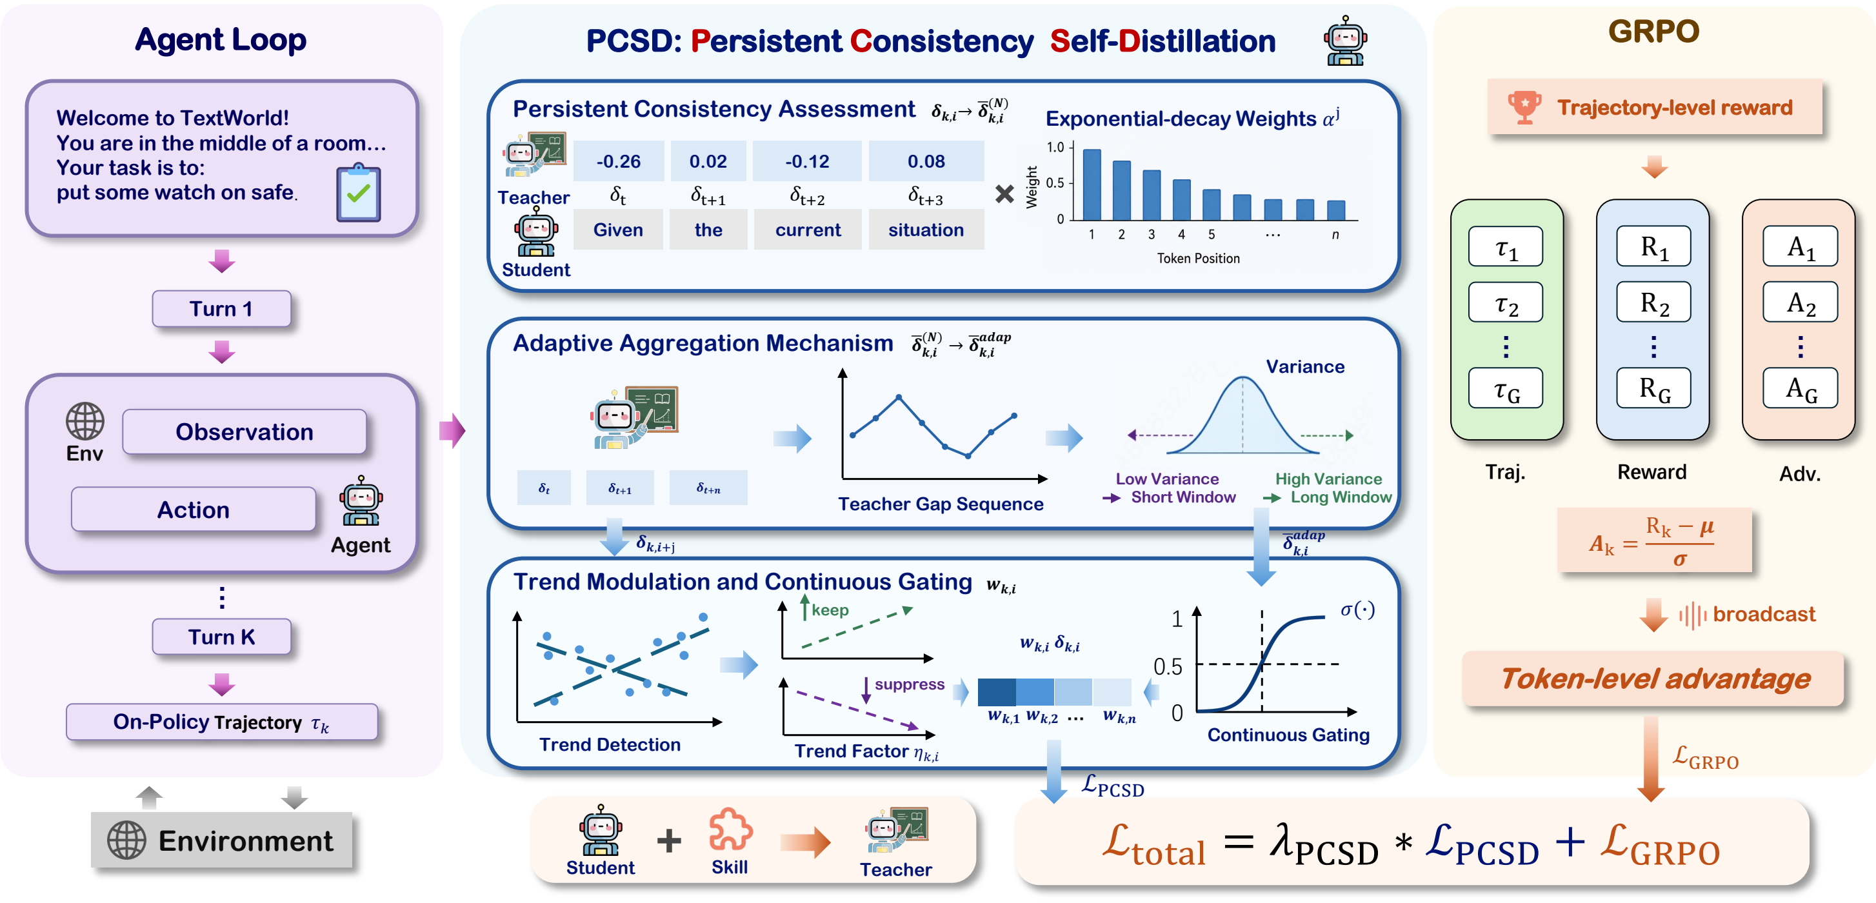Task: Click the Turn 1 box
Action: click(x=221, y=309)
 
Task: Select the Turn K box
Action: click(x=221, y=637)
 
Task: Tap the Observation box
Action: click(x=244, y=432)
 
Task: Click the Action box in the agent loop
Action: click(x=193, y=510)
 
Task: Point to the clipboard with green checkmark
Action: click(x=358, y=192)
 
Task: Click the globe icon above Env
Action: click(x=85, y=421)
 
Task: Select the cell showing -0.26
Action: click(x=618, y=161)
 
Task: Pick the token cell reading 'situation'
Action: click(x=926, y=230)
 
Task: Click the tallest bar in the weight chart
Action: click(x=1092, y=184)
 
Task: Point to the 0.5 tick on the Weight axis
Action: click(x=1055, y=183)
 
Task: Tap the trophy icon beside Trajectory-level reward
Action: click(x=1524, y=107)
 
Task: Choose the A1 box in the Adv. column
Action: click(x=1801, y=247)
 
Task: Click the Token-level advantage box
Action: click(x=1653, y=679)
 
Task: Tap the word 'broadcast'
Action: click(x=1764, y=615)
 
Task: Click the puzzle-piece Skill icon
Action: click(x=730, y=829)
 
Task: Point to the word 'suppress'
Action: click(x=910, y=684)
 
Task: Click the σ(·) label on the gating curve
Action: click(x=1357, y=610)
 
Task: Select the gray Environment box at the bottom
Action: click(x=221, y=840)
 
